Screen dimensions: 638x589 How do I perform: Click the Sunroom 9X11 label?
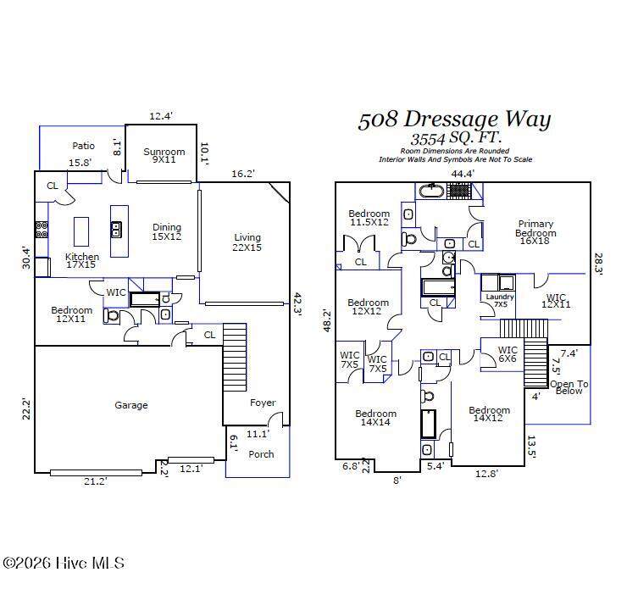coord(164,155)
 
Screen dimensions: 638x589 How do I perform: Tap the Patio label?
coord(83,146)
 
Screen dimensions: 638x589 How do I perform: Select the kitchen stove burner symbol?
coord(42,230)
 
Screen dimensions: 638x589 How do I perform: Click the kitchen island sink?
coord(116,230)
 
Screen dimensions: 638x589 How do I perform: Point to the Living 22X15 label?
coord(247,242)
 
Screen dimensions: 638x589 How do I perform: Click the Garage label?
coord(131,405)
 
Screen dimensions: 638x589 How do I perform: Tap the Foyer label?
coord(263,403)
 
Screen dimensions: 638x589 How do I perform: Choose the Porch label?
coord(261,454)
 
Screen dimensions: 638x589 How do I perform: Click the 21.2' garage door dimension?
coord(96,481)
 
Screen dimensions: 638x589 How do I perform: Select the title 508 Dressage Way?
coord(454,119)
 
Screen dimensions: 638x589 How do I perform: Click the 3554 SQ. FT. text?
coord(455,138)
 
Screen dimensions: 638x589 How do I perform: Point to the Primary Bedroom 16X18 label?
coord(535,232)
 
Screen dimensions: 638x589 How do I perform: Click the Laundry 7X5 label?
coord(500,300)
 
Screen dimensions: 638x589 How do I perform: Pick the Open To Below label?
coord(569,387)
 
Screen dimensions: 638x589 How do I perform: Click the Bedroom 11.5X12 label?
coord(369,218)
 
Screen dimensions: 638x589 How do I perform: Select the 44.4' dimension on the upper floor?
coord(463,174)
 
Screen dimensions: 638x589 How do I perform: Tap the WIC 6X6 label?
coord(508,354)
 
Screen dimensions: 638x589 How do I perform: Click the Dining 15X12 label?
coord(167,231)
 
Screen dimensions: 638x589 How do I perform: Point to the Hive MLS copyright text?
coord(64,563)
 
